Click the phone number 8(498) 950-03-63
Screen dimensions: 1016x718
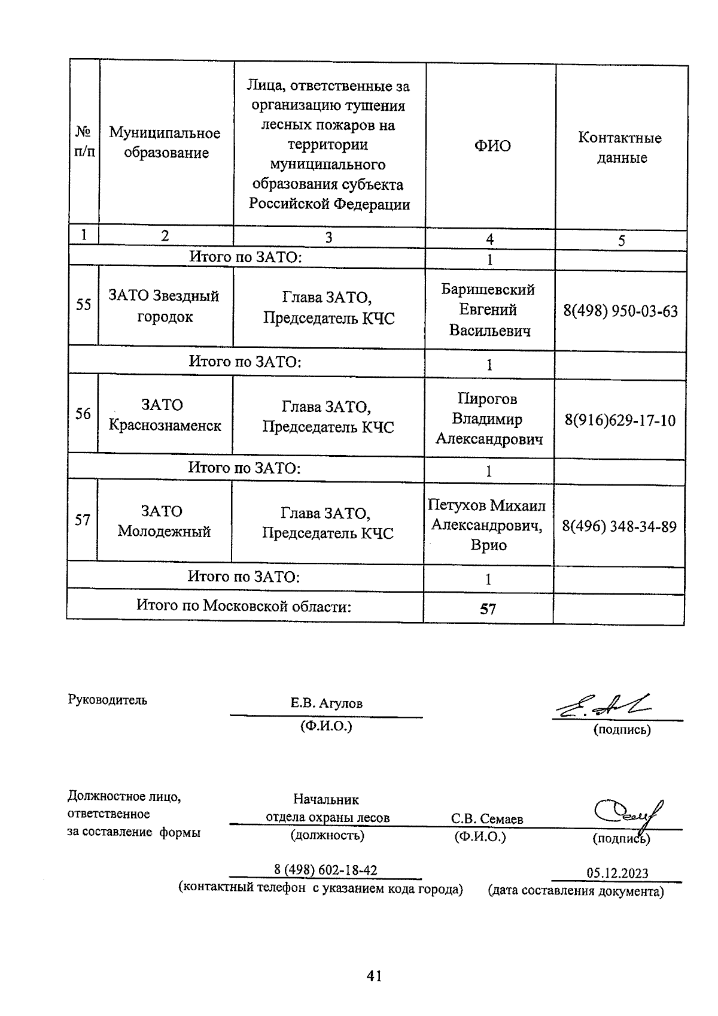click(x=620, y=311)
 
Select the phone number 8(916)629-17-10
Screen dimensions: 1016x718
click(x=620, y=420)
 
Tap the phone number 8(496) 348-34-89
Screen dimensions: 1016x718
click(x=619, y=527)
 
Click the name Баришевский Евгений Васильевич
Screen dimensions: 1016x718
click(x=489, y=310)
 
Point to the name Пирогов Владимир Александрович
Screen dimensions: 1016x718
click(x=488, y=419)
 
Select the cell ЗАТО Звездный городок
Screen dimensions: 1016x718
click(x=164, y=306)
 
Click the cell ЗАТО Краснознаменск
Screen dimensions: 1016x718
click(x=164, y=416)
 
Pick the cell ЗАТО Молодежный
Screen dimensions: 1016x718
click(x=163, y=521)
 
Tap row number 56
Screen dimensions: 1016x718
click(x=83, y=414)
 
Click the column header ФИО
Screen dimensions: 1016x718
click(x=492, y=146)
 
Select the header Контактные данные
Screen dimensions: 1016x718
click(x=620, y=148)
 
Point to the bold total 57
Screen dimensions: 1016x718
click(x=488, y=609)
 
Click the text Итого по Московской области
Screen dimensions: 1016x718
click(x=244, y=606)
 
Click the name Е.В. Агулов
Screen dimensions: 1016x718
click(x=326, y=703)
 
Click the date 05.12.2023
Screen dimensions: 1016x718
click(x=617, y=874)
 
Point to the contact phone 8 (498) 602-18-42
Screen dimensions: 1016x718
click(x=325, y=870)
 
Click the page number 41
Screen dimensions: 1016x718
click(x=373, y=976)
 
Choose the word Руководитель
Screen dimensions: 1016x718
click(x=107, y=700)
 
